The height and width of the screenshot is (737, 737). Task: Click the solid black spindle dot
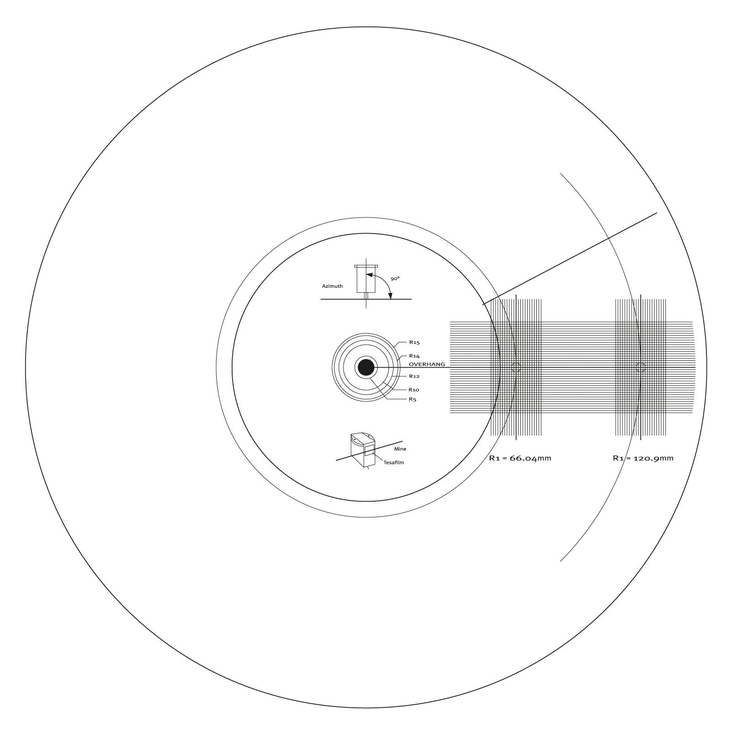point(366,368)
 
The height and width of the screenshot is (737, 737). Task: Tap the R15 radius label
point(414,342)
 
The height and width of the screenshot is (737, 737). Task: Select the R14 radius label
point(414,356)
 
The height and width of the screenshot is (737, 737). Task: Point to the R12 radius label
point(414,376)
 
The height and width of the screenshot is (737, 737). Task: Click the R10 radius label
point(414,390)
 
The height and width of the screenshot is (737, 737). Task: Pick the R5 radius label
point(413,400)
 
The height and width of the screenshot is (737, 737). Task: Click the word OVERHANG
point(427,364)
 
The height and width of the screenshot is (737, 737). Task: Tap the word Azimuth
point(332,286)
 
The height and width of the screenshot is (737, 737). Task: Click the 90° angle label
point(395,278)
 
